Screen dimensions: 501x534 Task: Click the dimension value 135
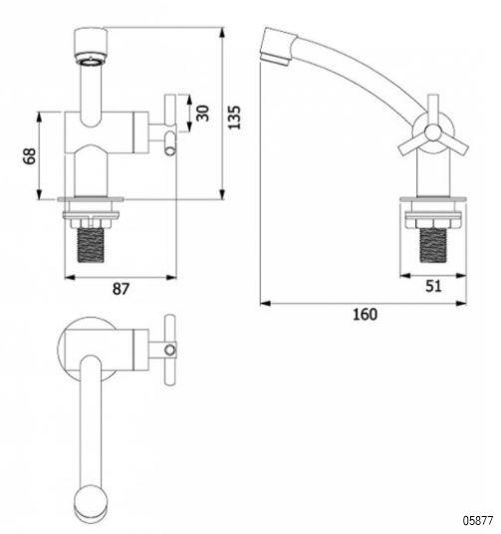(234, 118)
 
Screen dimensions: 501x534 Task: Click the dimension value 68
(30, 156)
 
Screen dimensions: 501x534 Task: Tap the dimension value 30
(202, 114)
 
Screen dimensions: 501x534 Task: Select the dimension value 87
(121, 289)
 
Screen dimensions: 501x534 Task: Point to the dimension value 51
(433, 286)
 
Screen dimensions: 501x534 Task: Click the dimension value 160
(365, 315)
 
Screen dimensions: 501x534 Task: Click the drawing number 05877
(478, 520)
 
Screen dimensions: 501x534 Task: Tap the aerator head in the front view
(91, 46)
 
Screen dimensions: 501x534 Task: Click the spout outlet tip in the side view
(274, 58)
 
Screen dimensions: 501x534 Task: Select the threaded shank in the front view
(91, 245)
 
